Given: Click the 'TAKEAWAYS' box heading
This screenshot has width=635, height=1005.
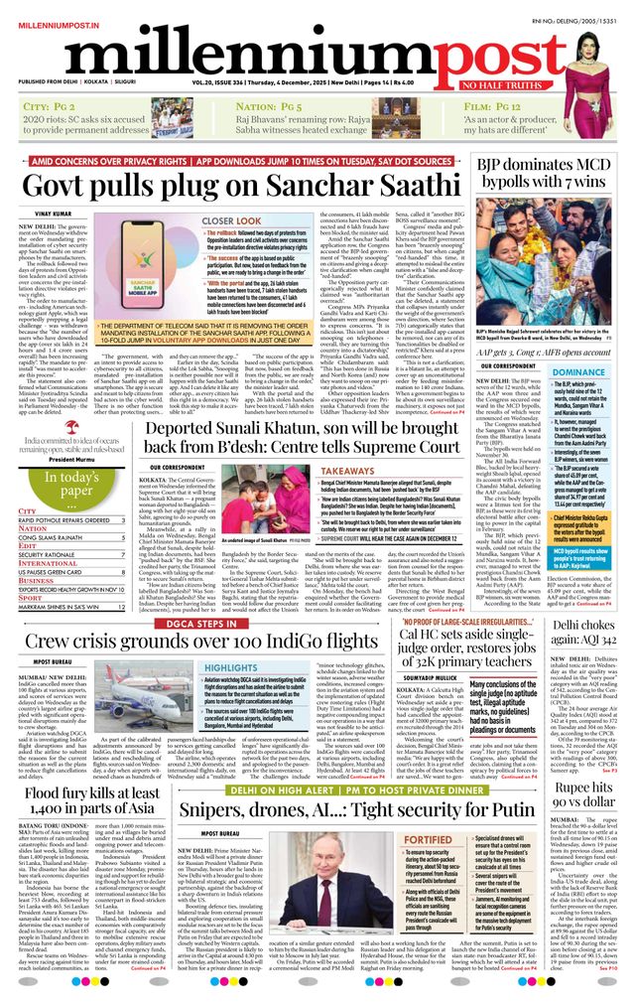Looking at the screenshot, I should coord(348,473).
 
